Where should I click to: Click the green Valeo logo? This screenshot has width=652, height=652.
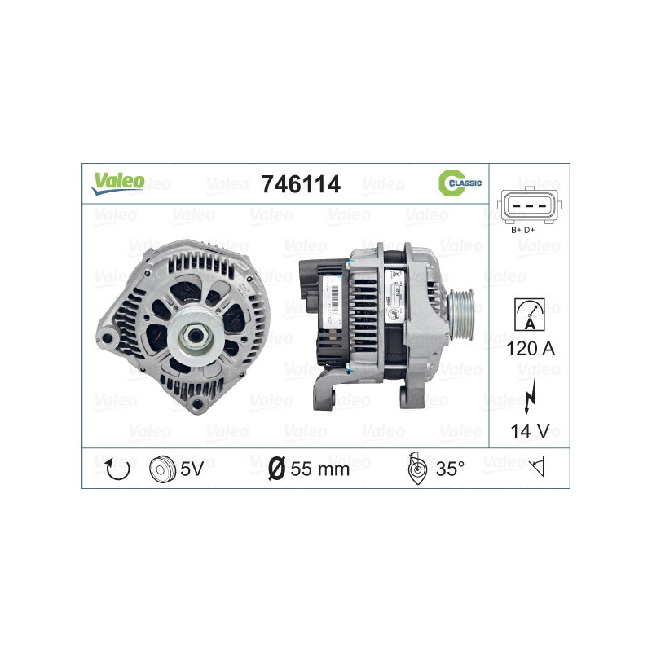click(117, 183)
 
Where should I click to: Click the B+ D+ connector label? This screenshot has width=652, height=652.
click(522, 231)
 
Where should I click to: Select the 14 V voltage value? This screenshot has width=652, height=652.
click(530, 431)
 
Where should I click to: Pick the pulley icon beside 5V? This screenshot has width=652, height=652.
click(163, 469)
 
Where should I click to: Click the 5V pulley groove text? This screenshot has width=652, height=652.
click(193, 469)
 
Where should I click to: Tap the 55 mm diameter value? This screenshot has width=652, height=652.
click(319, 469)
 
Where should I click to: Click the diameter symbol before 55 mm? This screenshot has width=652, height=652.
click(277, 469)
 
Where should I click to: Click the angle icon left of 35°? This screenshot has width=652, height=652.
click(415, 469)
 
